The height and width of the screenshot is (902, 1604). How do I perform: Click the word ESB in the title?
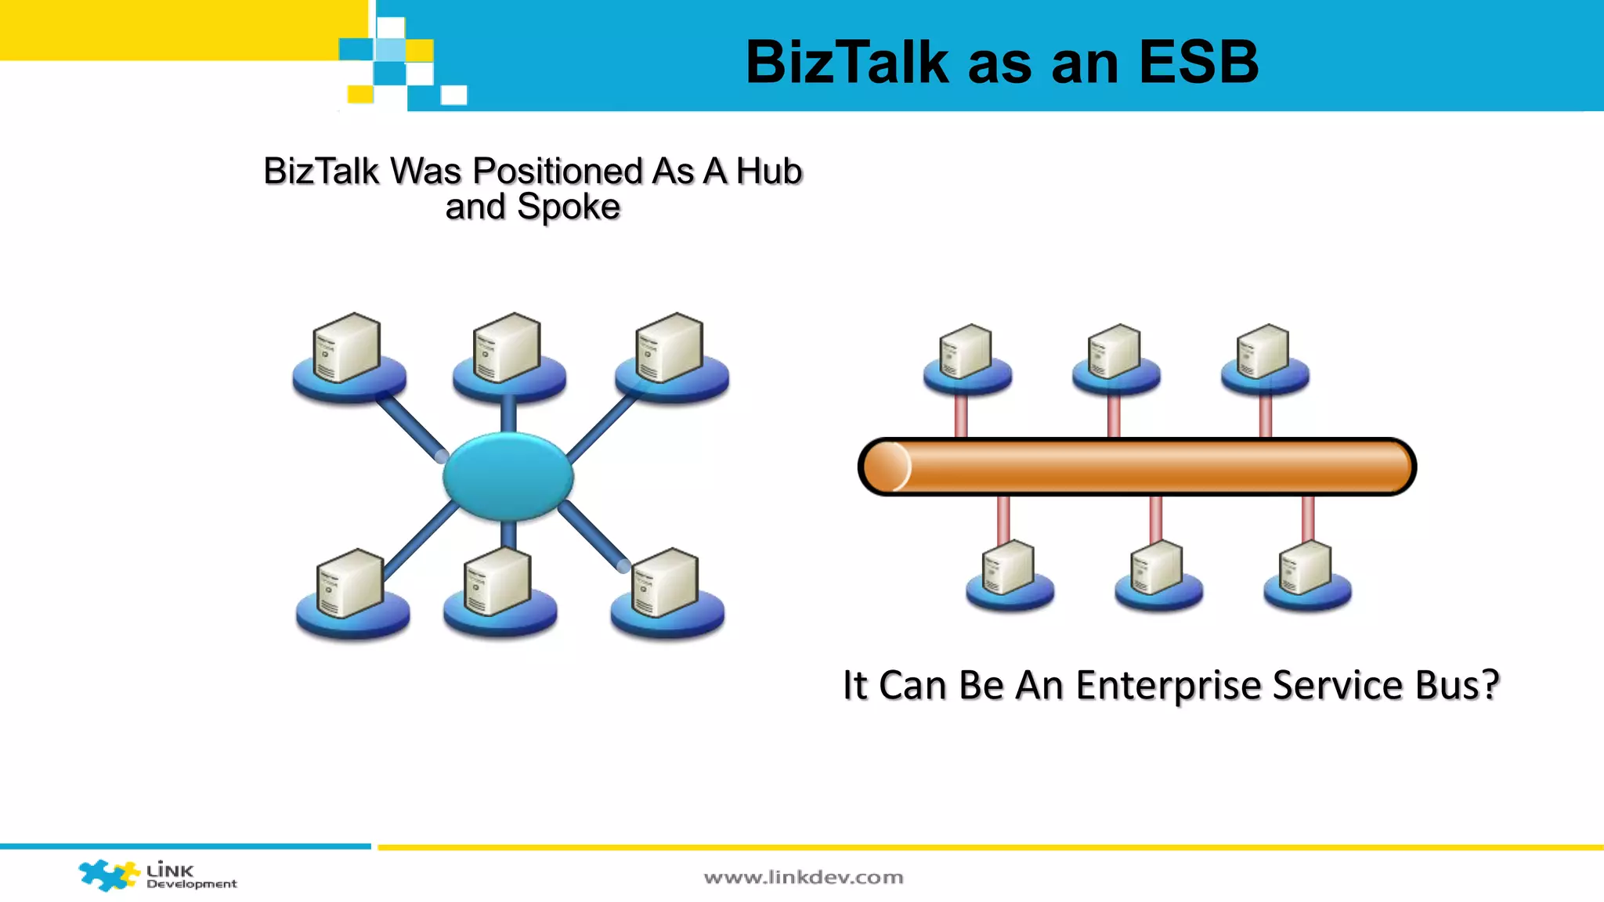click(x=1198, y=62)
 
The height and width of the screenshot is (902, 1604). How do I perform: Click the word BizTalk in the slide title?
click(x=847, y=62)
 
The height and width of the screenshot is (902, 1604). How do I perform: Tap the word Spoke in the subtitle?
click(x=568, y=207)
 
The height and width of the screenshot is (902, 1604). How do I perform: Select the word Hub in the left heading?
click(x=769, y=171)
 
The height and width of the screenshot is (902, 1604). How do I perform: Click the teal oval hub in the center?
click(x=508, y=476)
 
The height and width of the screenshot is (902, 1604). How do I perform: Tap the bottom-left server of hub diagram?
click(x=351, y=586)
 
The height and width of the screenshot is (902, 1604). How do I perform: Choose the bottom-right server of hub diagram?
click(x=667, y=586)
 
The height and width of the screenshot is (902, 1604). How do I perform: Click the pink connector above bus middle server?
click(x=1114, y=415)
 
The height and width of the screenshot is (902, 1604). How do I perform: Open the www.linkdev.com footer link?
click(x=804, y=878)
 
